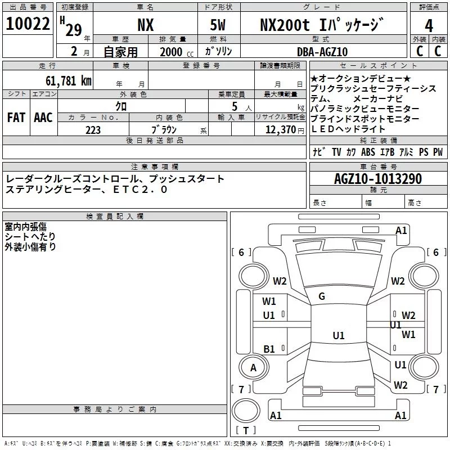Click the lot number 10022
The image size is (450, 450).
click(28, 24)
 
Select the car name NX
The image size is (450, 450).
click(145, 25)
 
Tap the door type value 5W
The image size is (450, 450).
click(218, 25)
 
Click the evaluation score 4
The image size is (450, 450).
click(429, 26)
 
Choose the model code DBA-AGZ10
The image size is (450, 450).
click(322, 52)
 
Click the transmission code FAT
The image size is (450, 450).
click(16, 117)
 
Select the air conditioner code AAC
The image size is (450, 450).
click(43, 117)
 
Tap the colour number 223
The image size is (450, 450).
click(93, 130)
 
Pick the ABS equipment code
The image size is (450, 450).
click(368, 152)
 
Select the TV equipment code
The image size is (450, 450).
click(336, 152)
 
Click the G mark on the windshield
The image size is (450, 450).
click(322, 296)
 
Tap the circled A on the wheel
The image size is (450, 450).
click(253, 368)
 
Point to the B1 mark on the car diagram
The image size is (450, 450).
click(269, 349)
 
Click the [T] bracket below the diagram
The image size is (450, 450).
click(245, 431)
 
